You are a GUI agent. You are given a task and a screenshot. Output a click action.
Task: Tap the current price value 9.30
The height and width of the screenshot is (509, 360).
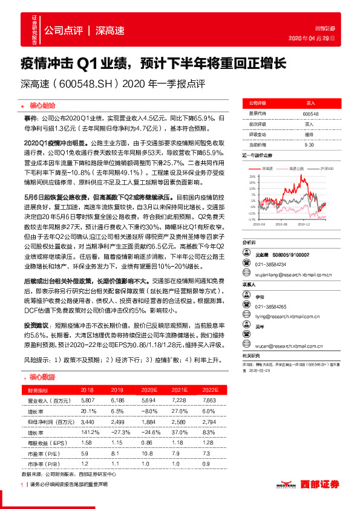[309, 145]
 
